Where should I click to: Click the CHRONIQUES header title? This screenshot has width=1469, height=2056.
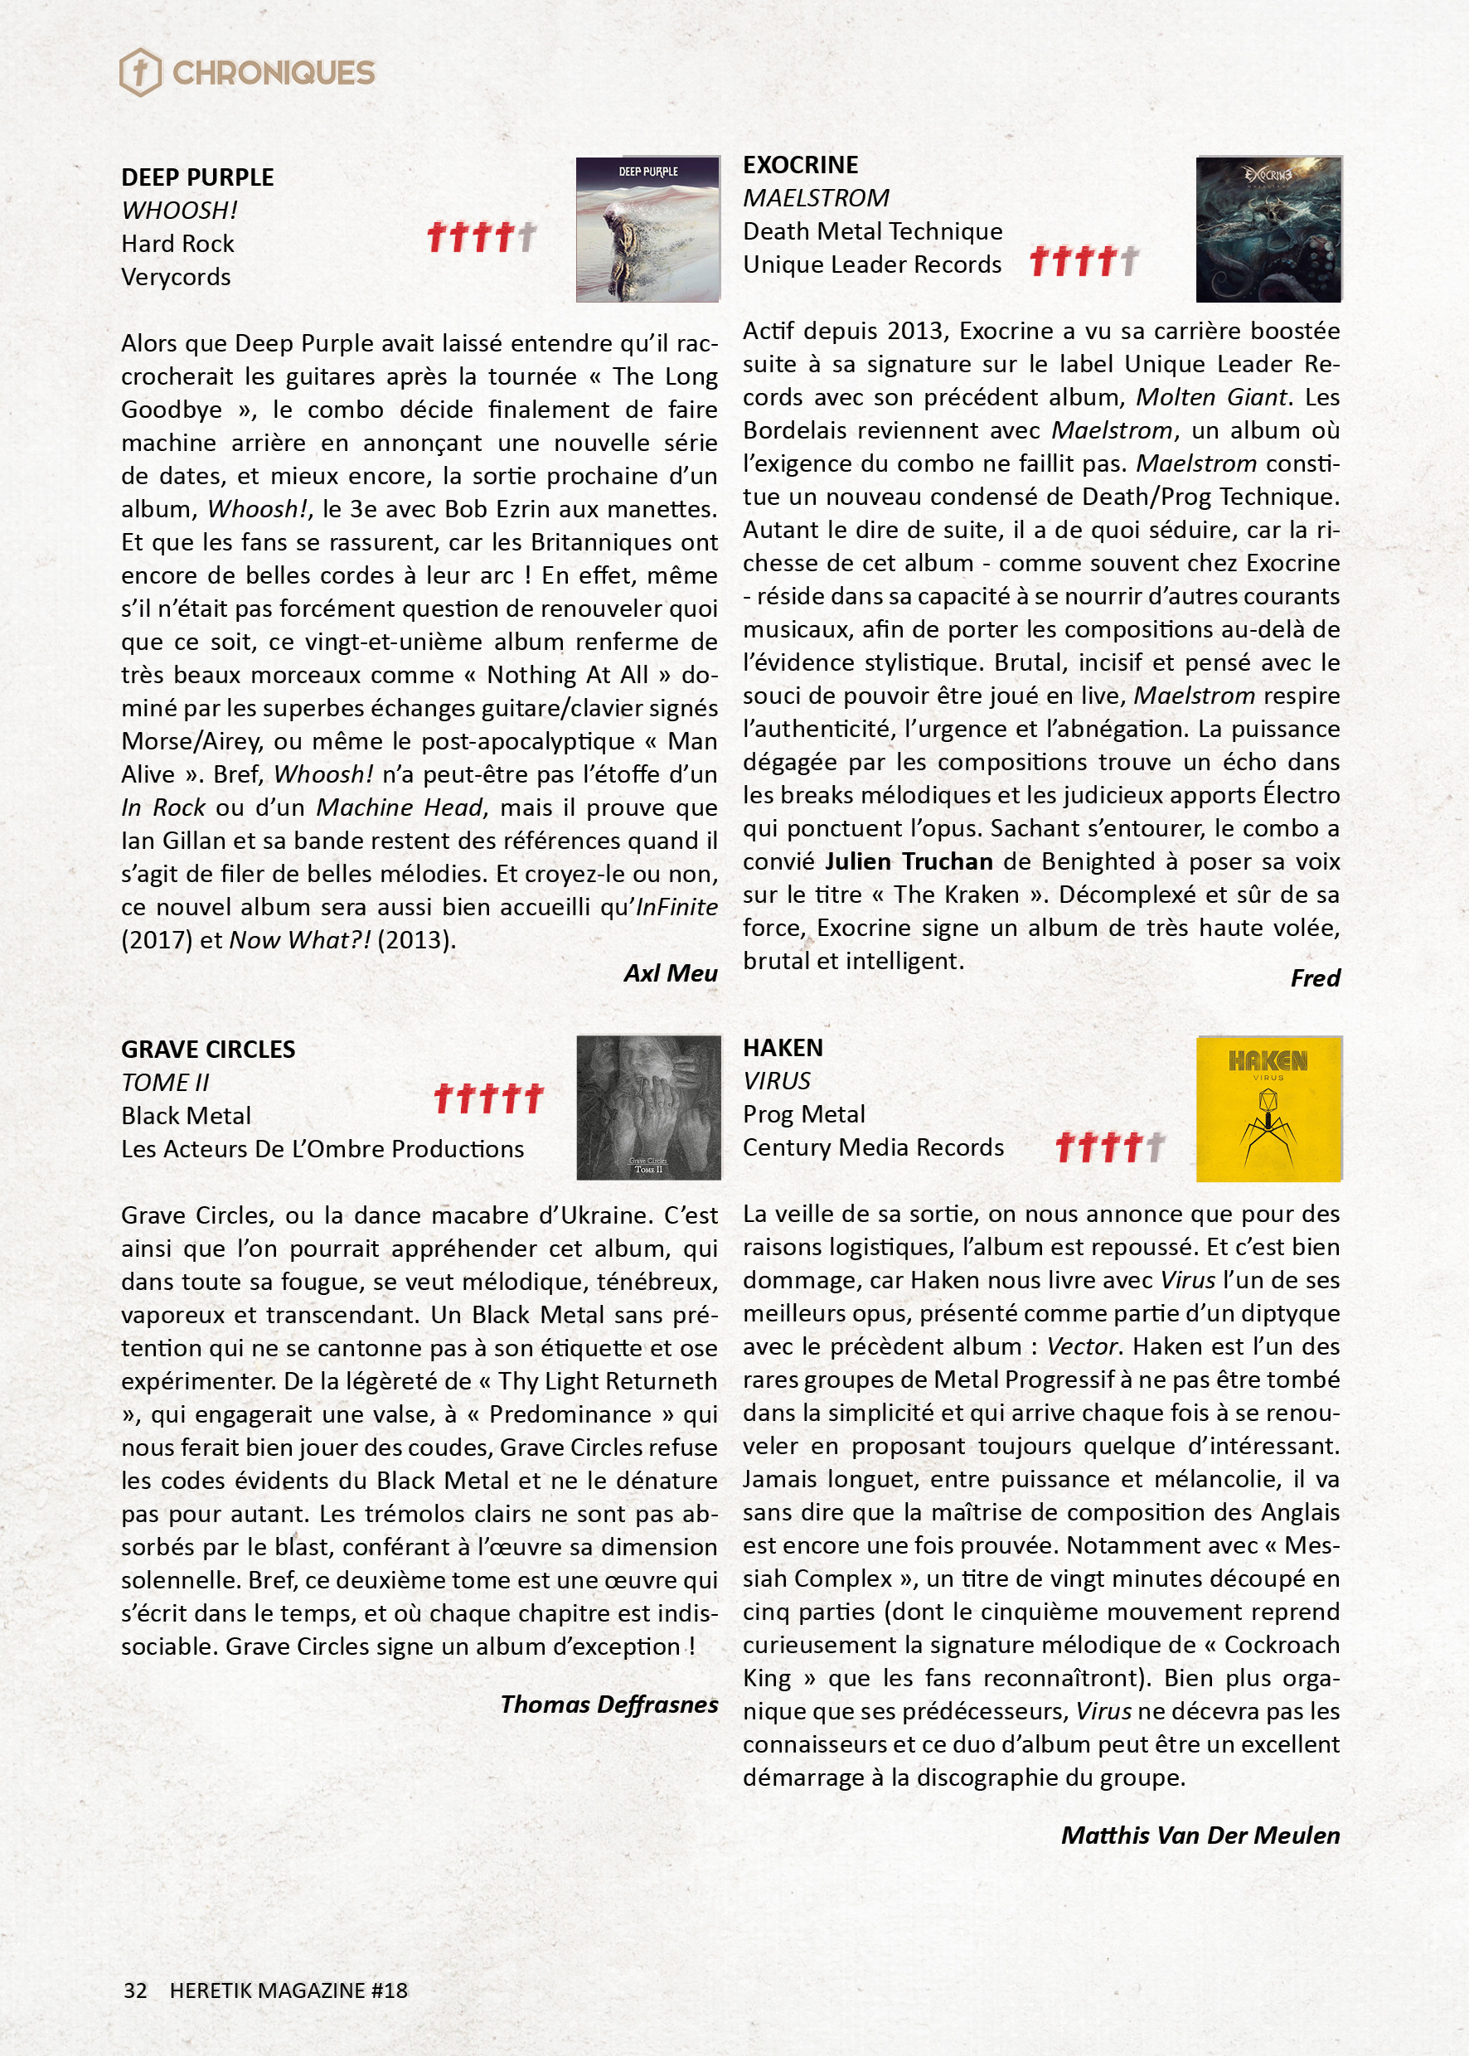(274, 72)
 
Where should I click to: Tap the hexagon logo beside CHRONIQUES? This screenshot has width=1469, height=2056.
(140, 72)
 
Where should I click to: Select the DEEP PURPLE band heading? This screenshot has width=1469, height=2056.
(197, 177)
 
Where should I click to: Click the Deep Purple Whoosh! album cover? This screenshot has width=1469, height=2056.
(647, 230)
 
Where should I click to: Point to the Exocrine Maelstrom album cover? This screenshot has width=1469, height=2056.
(1268, 230)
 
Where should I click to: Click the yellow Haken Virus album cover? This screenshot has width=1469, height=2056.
(1268, 1109)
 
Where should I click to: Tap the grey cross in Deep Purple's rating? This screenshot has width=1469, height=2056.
(527, 237)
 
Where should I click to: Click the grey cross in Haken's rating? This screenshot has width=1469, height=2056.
(1155, 1147)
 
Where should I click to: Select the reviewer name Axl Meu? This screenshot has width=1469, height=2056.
(671, 973)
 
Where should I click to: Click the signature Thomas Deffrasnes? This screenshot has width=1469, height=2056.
(608, 1704)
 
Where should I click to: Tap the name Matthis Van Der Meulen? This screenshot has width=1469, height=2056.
(1200, 1835)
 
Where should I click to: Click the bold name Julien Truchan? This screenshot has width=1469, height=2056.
(908, 861)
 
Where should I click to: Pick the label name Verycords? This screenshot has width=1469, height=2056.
(176, 277)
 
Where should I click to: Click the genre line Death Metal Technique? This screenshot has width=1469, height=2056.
(872, 231)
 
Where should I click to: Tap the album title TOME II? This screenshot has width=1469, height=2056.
(165, 1083)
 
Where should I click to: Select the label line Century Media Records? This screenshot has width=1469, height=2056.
(873, 1147)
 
